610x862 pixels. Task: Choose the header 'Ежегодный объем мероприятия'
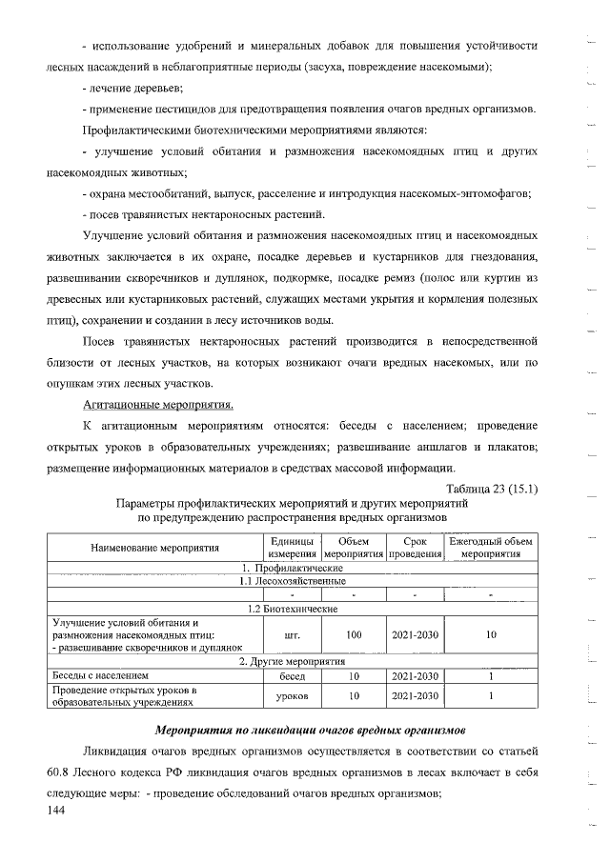491,548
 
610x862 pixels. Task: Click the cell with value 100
354,633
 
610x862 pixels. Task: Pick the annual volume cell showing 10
491,633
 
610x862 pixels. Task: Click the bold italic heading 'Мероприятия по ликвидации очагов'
309,730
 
